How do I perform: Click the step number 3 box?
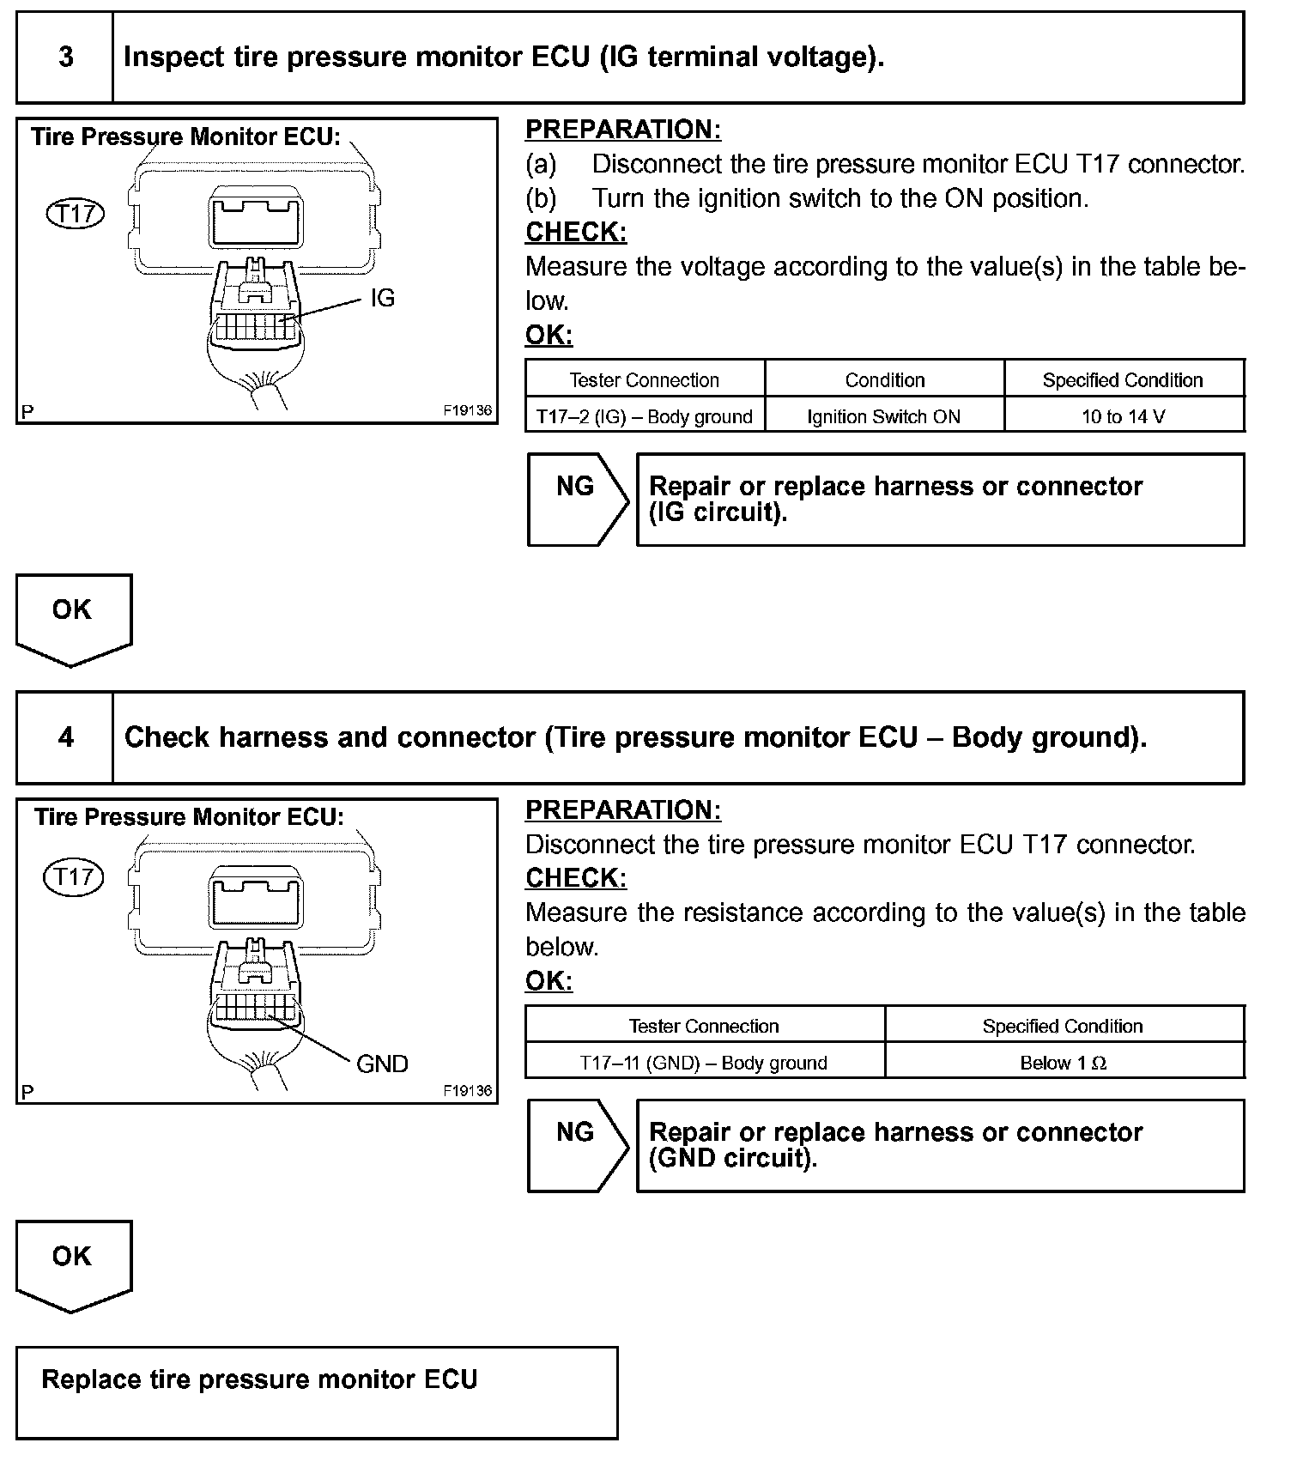coord(65,58)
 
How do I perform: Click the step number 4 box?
coord(65,737)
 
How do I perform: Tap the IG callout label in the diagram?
coord(382,298)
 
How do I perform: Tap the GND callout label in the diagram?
coord(382,1064)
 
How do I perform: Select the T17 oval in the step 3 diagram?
coord(75,214)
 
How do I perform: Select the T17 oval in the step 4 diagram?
coord(73,876)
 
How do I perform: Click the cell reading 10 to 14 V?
coord(1123,417)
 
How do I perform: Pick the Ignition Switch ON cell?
coord(883,417)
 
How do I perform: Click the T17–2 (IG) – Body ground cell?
coord(644,417)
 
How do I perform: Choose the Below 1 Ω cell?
coord(1063,1063)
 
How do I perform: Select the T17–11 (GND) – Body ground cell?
coord(704,1063)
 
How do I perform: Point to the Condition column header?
coord(884,380)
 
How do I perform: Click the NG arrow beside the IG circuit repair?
coord(576,499)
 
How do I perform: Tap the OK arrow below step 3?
coord(73,618)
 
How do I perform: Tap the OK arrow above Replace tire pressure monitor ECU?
coord(73,1264)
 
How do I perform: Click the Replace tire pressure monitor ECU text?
coord(259,1379)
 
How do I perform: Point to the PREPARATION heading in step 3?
coord(623,130)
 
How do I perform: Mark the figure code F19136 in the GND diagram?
coord(468,1091)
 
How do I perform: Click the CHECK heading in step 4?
coord(576,878)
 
